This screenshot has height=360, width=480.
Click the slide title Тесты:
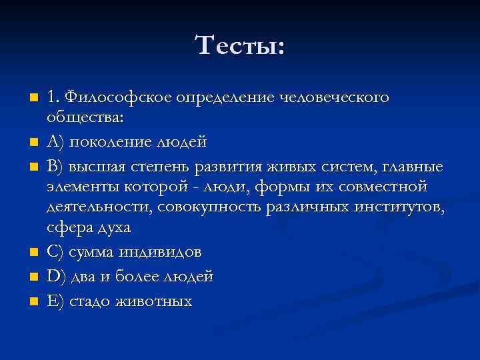[x=240, y=46]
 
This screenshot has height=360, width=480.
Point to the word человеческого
[x=334, y=97]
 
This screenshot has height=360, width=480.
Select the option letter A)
[x=55, y=142]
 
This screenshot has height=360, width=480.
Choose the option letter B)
[x=55, y=164]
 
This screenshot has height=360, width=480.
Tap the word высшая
[x=93, y=165]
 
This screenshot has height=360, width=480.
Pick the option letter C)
[x=55, y=252]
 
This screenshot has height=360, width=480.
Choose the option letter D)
[x=56, y=276]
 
